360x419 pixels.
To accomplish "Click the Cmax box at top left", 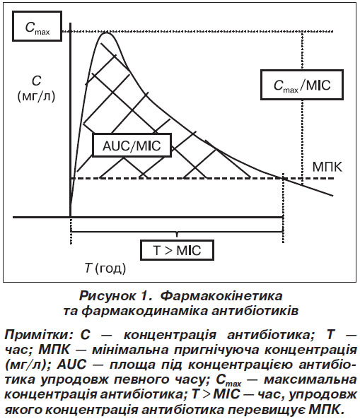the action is click(x=37, y=26).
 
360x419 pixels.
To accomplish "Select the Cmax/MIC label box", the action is click(x=302, y=85).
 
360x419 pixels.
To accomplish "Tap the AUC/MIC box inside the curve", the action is click(x=132, y=145).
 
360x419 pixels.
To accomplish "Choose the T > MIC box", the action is click(x=177, y=250).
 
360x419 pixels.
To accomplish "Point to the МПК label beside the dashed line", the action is click(x=327, y=167).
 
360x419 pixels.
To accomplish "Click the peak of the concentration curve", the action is click(x=106, y=33).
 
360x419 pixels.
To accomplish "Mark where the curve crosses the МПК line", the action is click(x=283, y=178).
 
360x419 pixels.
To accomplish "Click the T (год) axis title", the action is click(x=105, y=268).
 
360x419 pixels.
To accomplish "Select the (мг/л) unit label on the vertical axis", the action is click(x=36, y=96).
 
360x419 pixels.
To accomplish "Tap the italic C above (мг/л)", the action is click(x=36, y=81).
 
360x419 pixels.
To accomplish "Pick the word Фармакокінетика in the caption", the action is click(x=221, y=296).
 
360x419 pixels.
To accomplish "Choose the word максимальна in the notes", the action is click(x=310, y=379).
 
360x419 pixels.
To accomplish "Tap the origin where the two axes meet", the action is click(x=70, y=217).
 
